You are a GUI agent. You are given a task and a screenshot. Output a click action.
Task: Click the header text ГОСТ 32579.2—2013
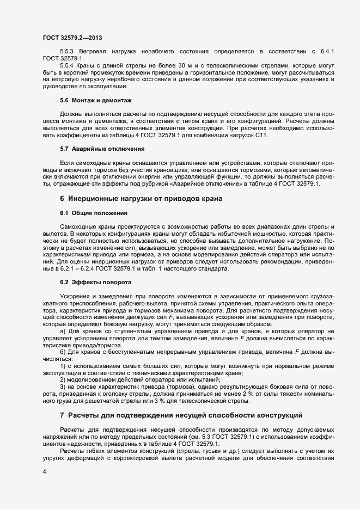pos(71,38)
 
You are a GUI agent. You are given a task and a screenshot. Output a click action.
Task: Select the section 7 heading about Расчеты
pos(180,415)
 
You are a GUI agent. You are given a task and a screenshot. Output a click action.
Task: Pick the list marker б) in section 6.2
pos(63,352)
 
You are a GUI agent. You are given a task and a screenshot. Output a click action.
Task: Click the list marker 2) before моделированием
pos(63,380)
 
